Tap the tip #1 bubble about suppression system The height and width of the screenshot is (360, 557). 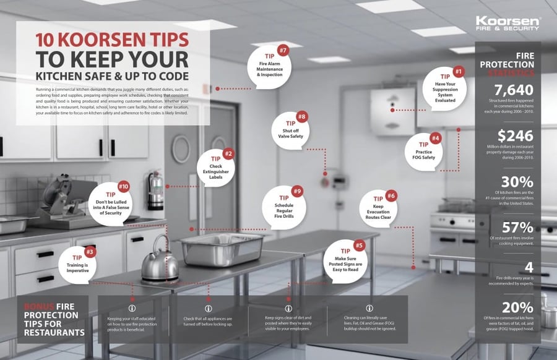point(445,90)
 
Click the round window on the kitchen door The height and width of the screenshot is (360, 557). point(181,148)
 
